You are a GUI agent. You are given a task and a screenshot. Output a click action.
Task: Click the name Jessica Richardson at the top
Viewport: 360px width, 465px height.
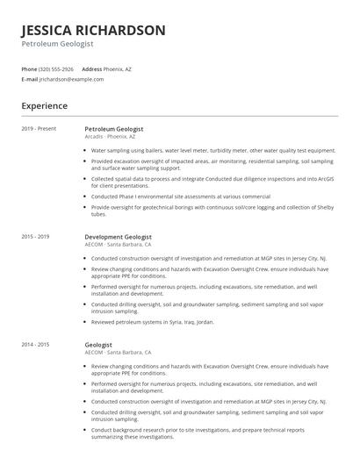[x=93, y=30]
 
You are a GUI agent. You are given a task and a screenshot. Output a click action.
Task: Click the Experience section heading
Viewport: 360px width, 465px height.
[x=44, y=106]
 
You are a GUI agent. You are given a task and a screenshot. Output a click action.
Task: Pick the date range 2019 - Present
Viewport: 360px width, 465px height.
[x=39, y=129]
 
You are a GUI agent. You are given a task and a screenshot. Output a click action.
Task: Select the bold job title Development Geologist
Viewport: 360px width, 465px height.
[x=118, y=236]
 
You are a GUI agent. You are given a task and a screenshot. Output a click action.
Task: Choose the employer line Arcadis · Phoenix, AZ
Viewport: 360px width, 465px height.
[x=110, y=137]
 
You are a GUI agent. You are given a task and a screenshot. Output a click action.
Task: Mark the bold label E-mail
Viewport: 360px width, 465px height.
[x=30, y=79]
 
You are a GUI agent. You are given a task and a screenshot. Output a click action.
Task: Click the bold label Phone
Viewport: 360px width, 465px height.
[x=29, y=68]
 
